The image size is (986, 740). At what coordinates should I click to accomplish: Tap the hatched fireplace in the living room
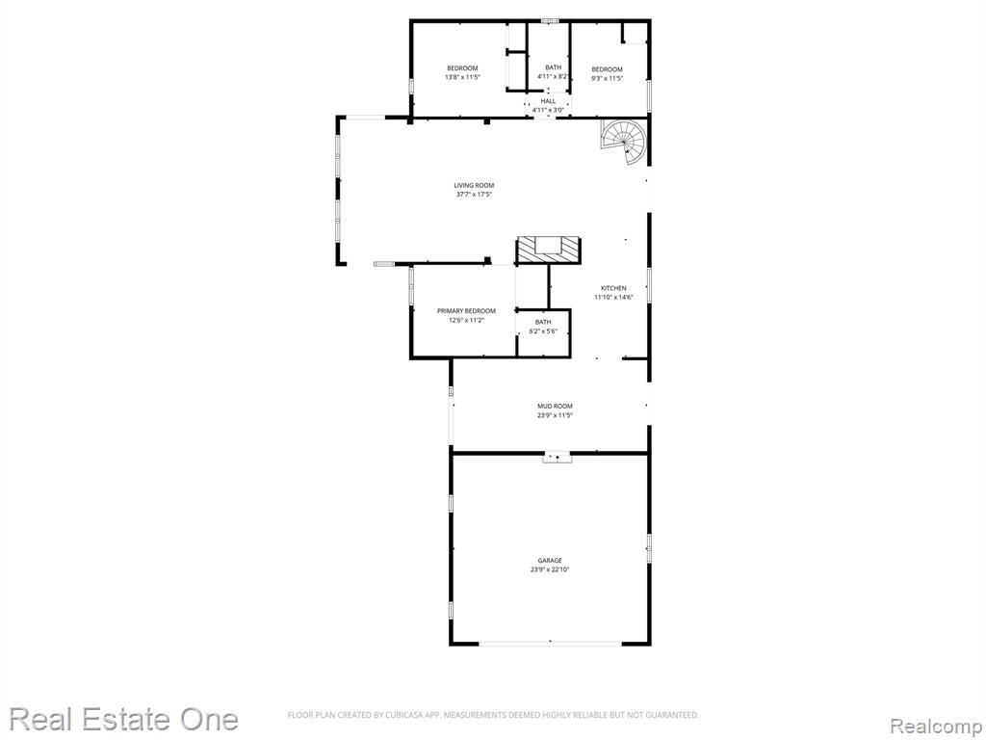[x=548, y=250]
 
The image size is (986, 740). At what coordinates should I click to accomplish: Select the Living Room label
[x=474, y=186]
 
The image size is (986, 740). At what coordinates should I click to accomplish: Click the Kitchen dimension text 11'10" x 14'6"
[x=613, y=298]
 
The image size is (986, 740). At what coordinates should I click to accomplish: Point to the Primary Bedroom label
[x=467, y=311]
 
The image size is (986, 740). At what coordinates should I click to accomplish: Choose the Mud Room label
[x=555, y=407]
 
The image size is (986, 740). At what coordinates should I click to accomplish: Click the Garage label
[x=550, y=561]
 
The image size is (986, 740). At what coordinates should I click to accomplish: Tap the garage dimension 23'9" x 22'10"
[x=550, y=570]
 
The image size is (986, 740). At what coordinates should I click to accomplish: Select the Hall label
[x=548, y=100]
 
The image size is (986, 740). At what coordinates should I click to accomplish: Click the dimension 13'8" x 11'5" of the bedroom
[x=462, y=77]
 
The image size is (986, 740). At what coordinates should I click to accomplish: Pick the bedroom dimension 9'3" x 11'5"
[x=607, y=79]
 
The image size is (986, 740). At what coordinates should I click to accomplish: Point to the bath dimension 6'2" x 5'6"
[x=543, y=331]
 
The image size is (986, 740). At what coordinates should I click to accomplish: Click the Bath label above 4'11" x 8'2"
[x=554, y=67]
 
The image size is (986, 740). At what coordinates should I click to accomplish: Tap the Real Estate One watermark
[x=124, y=719]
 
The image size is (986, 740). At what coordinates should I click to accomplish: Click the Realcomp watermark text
[x=936, y=727]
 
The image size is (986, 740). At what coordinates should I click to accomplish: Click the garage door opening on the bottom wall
[x=550, y=643]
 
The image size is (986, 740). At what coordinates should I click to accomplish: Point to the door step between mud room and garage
[x=558, y=458]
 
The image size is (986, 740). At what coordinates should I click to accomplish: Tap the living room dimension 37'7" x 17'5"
[x=474, y=195]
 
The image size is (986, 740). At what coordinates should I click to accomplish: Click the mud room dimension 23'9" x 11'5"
[x=555, y=416]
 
